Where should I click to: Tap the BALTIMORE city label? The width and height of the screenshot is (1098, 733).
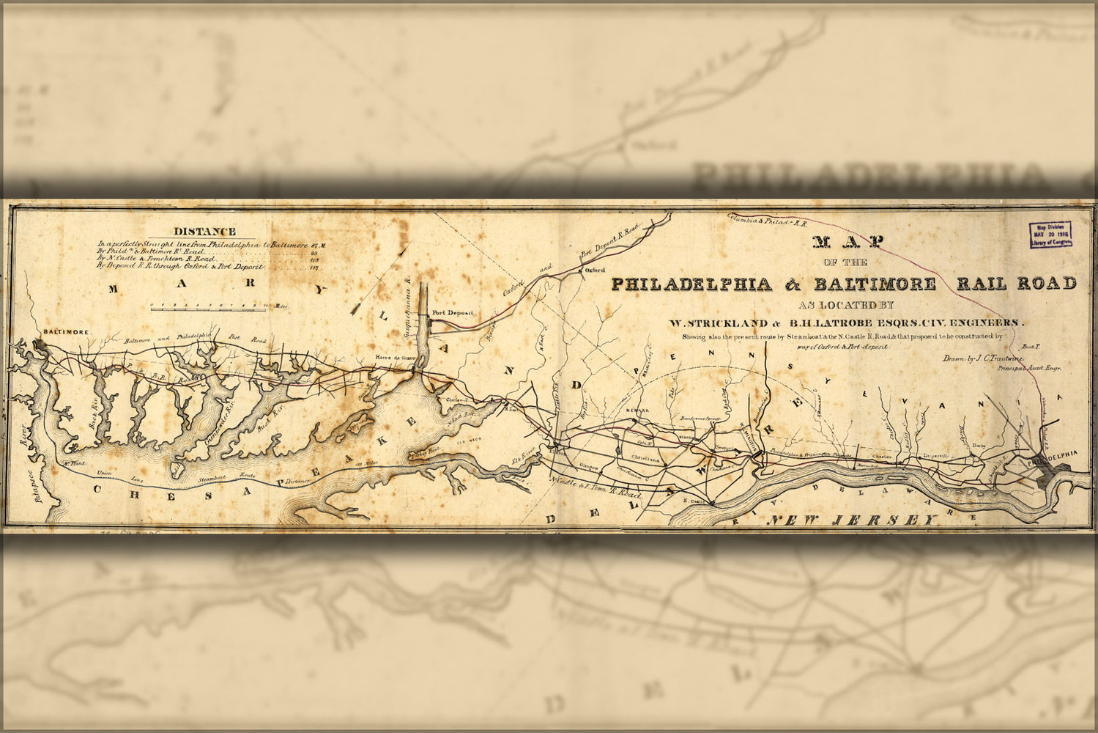67,332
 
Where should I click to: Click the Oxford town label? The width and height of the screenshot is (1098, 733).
598,270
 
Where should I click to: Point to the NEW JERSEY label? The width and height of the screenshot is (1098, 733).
852,520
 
